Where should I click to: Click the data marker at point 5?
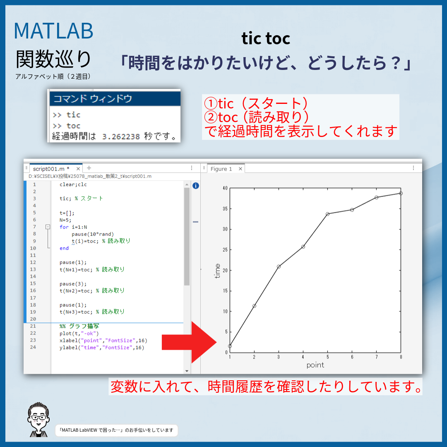[x=327, y=214]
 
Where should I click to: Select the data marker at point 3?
[x=279, y=267]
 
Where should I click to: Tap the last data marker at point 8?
[x=401, y=193]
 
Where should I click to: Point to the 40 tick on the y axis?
[x=225, y=188]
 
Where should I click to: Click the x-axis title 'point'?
[x=315, y=365]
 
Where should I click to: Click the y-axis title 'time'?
[x=217, y=271]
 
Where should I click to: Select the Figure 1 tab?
[x=221, y=169]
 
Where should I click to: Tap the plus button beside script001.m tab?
[x=89, y=168]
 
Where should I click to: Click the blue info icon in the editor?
[x=196, y=186]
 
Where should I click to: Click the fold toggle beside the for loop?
[x=48, y=227]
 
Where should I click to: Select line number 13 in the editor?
[x=33, y=269]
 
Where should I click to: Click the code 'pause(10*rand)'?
[x=92, y=234]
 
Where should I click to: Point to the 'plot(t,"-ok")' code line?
[x=79, y=333]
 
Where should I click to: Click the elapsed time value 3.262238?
[x=121, y=137]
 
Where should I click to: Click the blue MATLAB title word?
[x=53, y=31]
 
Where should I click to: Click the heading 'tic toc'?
[x=266, y=38]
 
